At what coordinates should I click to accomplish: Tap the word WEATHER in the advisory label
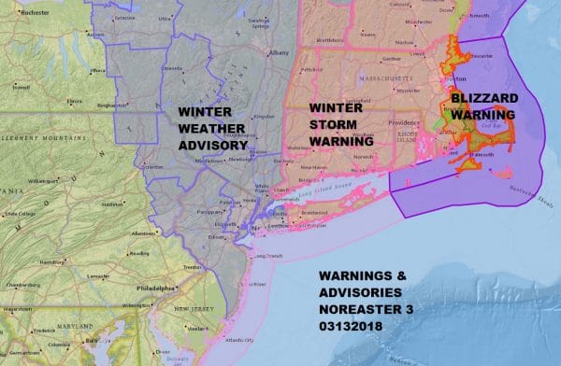tap(214, 129)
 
